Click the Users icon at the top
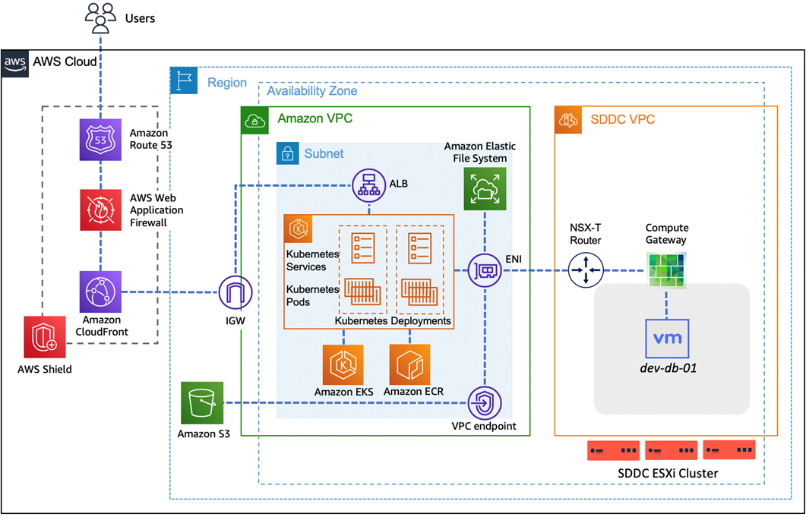[100, 18]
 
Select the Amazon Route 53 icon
[100, 139]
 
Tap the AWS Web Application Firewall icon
[100, 210]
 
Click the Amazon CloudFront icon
[100, 292]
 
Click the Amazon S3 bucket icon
[202, 403]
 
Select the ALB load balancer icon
[369, 185]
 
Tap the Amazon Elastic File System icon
[484, 189]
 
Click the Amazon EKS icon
[343, 365]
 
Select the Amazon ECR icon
[409, 365]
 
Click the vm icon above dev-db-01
[667, 338]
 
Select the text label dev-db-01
[667, 369]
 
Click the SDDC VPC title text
[622, 120]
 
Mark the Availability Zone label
[311, 91]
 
